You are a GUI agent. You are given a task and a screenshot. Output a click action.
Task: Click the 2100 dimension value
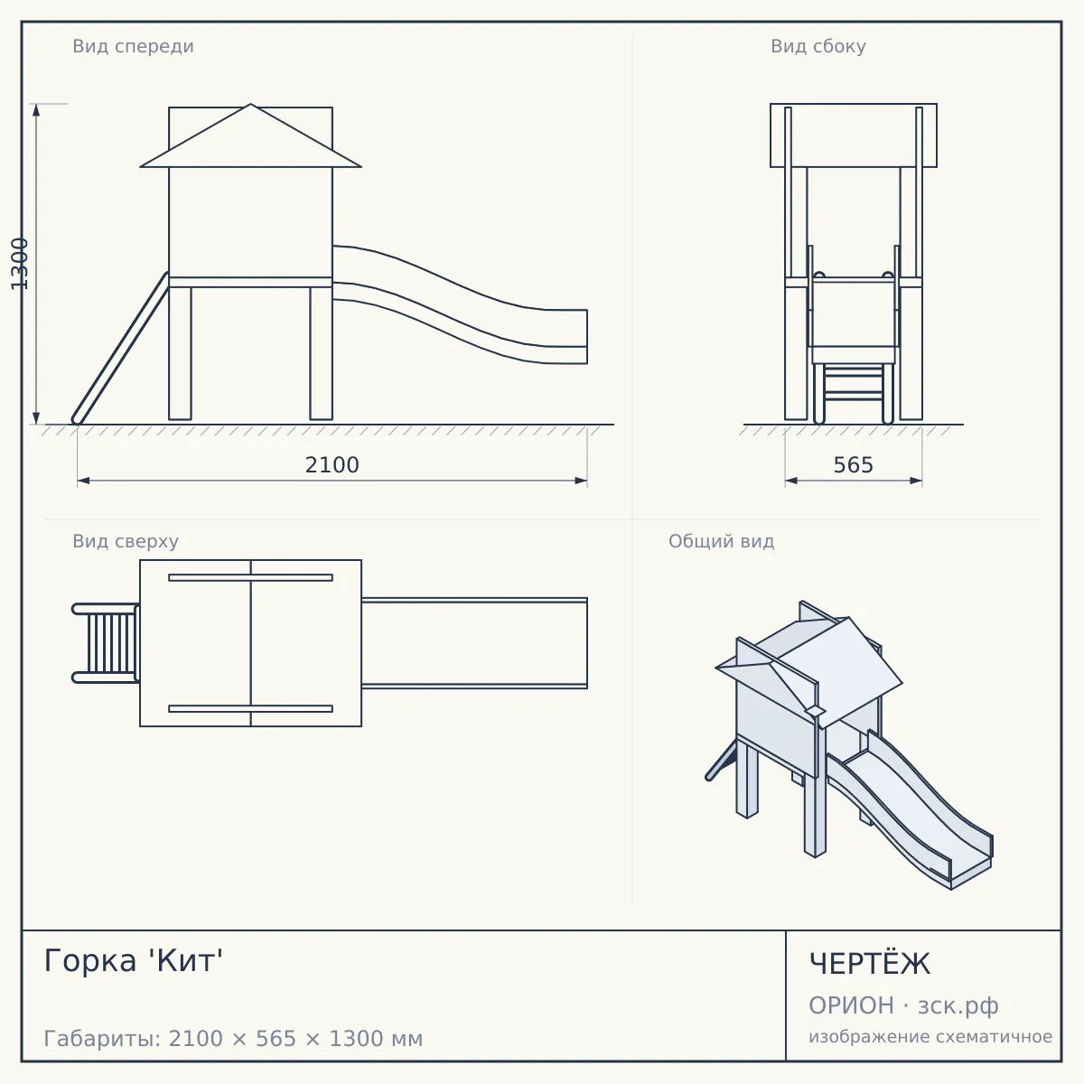pyautogui.click(x=332, y=465)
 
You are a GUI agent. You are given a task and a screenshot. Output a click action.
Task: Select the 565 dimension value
pyautogui.click(x=853, y=465)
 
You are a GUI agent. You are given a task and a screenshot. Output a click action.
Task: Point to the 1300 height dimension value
pyautogui.click(x=20, y=263)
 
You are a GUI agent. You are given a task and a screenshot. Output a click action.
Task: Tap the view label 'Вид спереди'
pyautogui.click(x=134, y=46)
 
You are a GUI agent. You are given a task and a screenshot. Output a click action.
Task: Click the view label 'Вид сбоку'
pyautogui.click(x=818, y=46)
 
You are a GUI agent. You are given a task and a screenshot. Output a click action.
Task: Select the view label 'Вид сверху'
pyautogui.click(x=126, y=541)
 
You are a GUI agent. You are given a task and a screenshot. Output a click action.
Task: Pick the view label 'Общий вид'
pyautogui.click(x=721, y=541)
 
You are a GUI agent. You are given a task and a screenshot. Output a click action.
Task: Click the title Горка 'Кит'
pyautogui.click(x=134, y=960)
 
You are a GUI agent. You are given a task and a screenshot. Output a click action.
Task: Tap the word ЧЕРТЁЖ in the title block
pyautogui.click(x=869, y=964)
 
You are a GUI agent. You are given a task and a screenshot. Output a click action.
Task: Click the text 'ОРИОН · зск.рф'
pyautogui.click(x=903, y=1005)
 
